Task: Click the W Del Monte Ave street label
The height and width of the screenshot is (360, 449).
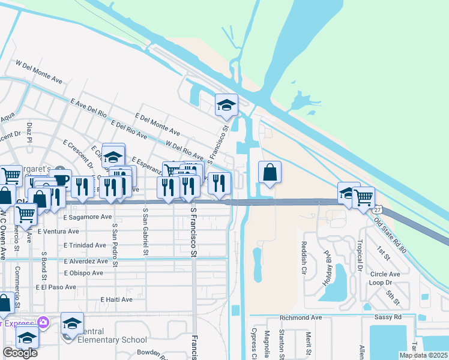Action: point(39,71)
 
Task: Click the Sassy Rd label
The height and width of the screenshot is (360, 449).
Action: point(390,317)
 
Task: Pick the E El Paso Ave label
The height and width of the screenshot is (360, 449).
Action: point(56,287)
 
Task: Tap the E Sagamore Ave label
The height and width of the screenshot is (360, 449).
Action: point(87,217)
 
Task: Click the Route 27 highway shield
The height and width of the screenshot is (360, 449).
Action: point(376,211)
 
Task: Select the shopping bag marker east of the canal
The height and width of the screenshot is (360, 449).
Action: point(270,173)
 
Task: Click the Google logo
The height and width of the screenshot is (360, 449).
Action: point(20,353)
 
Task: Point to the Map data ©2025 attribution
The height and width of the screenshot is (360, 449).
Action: point(423,355)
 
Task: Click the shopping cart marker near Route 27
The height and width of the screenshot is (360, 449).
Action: point(364,197)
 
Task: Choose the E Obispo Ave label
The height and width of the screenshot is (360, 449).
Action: point(83,273)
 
